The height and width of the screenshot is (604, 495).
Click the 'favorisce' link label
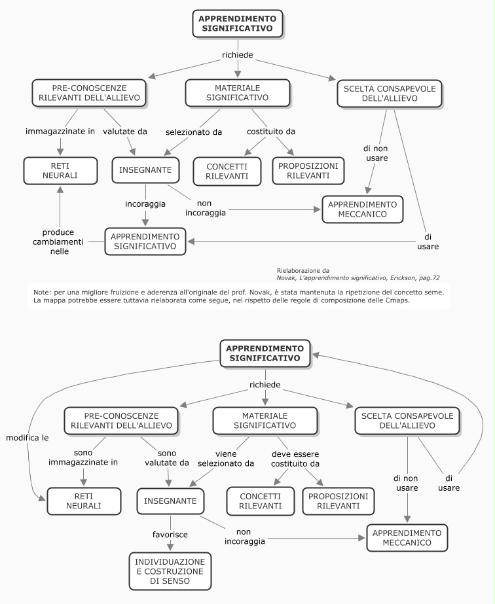(170, 534)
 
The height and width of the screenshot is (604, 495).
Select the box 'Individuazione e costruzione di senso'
(170, 571)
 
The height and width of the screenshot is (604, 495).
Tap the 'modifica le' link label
(27, 438)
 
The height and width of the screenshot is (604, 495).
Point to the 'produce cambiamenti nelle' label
(58, 242)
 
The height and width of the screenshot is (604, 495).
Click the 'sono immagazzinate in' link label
(83, 457)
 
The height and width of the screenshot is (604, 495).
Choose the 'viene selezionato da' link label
(226, 459)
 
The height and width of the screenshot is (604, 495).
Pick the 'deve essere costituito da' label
(295, 459)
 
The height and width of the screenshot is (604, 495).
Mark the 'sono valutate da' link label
(167, 458)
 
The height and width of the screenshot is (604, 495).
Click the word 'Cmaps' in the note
(397, 300)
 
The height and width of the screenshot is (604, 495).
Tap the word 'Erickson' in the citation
(403, 277)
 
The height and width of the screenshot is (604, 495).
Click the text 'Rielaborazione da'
(303, 270)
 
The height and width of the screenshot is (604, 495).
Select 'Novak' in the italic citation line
(286, 277)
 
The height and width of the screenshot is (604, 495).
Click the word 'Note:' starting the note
(42, 293)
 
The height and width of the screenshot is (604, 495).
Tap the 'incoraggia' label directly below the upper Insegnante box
(145, 204)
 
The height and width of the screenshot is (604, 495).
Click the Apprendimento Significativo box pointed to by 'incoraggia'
(145, 241)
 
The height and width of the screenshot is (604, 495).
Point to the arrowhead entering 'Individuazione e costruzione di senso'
(170, 546)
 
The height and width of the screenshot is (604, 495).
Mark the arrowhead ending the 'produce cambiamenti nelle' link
(60, 190)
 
